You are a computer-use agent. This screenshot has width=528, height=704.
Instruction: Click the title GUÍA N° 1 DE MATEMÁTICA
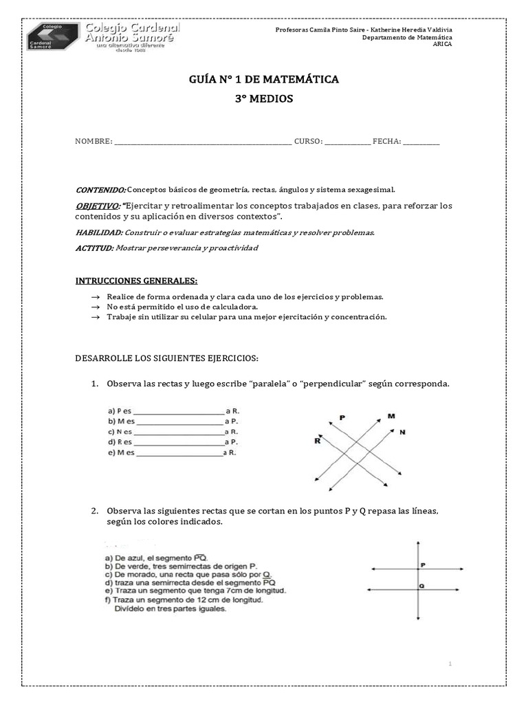click(264, 80)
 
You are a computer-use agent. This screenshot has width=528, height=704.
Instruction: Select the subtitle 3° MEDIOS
click(264, 99)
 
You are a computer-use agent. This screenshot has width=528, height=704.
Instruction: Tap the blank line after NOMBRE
click(203, 142)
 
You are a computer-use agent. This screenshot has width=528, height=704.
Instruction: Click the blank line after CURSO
click(347, 142)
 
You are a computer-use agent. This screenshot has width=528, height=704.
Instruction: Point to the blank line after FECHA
click(421, 142)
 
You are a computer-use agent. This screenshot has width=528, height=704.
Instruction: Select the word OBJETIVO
click(97, 206)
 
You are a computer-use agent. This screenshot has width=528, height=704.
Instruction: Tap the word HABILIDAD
click(99, 232)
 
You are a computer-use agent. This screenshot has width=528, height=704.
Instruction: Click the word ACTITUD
click(94, 247)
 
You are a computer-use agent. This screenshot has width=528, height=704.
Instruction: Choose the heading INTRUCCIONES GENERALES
click(136, 281)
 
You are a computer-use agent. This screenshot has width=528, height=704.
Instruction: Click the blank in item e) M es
click(180, 454)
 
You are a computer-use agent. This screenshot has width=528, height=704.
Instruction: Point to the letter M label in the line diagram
click(390, 416)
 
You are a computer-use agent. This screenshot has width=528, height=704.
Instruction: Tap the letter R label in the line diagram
click(318, 442)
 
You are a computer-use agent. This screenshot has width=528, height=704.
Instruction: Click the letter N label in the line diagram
click(402, 432)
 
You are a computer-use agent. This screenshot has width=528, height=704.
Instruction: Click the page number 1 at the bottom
click(450, 663)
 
